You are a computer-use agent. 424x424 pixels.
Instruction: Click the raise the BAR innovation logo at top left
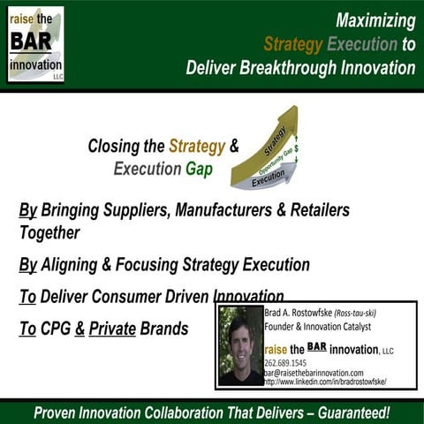coord(35,44)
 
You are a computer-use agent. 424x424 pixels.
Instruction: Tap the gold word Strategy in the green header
coord(293,44)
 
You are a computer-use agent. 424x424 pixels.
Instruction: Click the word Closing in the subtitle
coord(111,147)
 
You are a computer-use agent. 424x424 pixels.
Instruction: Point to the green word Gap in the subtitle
coord(199,169)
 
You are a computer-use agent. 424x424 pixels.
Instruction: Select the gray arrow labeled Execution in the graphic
coord(265,179)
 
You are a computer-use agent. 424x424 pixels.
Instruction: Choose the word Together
coord(49,232)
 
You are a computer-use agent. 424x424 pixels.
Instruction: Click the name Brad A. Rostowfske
coord(300,312)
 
